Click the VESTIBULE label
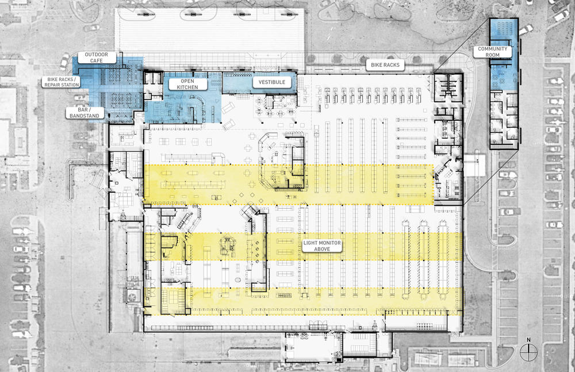pyautogui.click(x=272, y=83)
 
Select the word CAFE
pyautogui.click(x=97, y=60)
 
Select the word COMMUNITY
pyautogui.click(x=493, y=49)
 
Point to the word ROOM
pyautogui.click(x=493, y=55)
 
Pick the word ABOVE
pyautogui.click(x=322, y=250)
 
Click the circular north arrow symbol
pyautogui.click(x=527, y=350)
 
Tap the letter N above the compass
pyautogui.click(x=527, y=340)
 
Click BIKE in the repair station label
pyautogui.click(x=51, y=79)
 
